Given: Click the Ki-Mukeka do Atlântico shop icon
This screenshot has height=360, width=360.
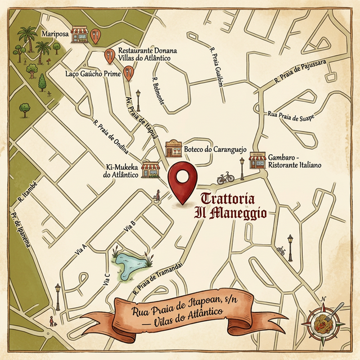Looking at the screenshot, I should [150, 169].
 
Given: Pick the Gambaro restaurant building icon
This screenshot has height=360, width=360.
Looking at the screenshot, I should [258, 161].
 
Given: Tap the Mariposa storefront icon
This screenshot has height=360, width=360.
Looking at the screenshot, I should [80, 35].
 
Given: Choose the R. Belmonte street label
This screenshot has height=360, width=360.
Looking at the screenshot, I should [157, 90].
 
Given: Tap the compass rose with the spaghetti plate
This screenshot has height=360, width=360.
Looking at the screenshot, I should [322, 323].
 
